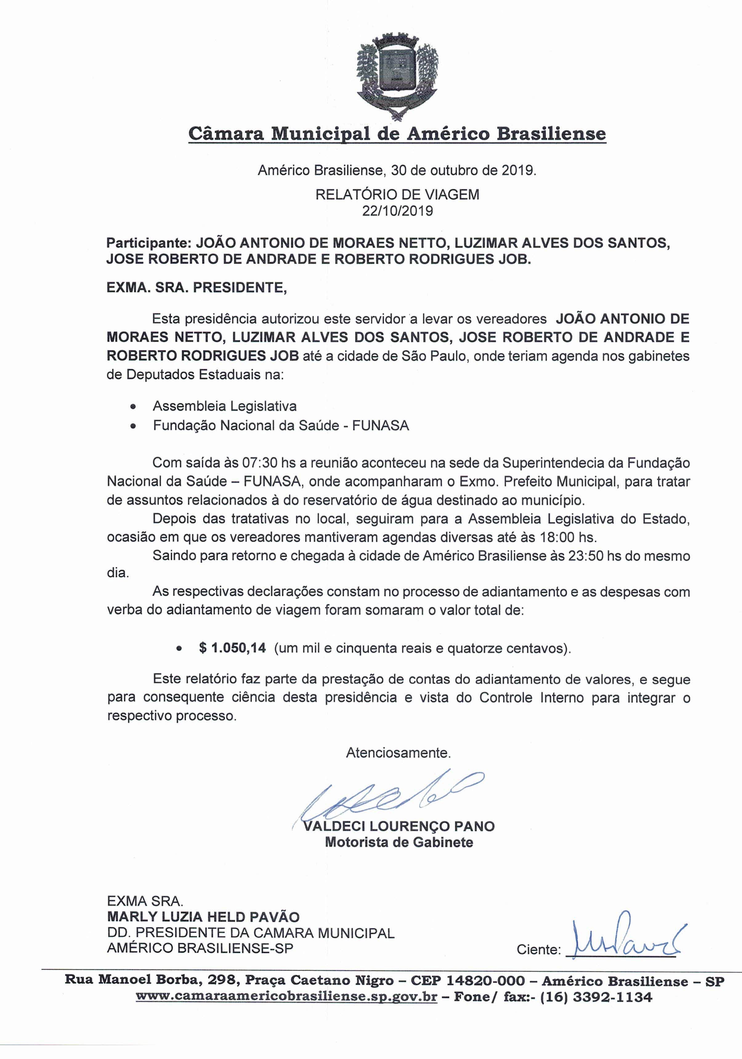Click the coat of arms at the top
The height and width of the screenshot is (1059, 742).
click(x=398, y=76)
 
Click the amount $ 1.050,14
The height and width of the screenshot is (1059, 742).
click(x=233, y=648)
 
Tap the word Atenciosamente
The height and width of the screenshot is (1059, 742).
click(x=398, y=753)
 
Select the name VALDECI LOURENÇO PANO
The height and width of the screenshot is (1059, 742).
click(x=399, y=826)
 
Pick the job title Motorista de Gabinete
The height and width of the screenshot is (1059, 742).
click(x=399, y=842)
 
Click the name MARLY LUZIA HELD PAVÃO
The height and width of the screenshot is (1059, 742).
click(x=203, y=917)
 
